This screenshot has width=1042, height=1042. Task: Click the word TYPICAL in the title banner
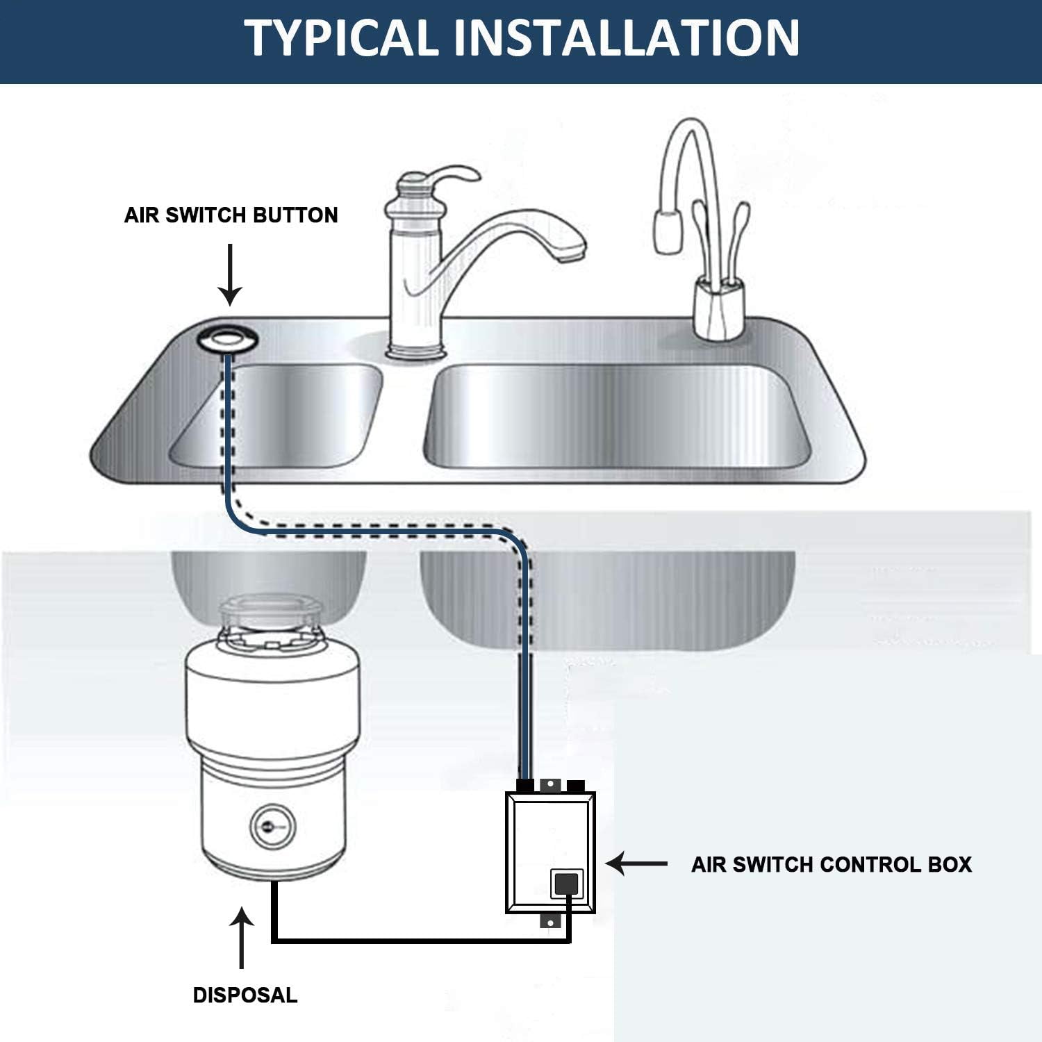pyautogui.click(x=340, y=38)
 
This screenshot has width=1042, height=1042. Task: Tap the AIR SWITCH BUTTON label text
pyautogui.click(x=231, y=215)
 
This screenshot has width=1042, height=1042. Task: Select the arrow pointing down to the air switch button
pyautogui.click(x=230, y=275)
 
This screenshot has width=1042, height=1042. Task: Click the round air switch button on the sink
pyautogui.click(x=227, y=339)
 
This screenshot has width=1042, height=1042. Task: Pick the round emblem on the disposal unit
pyautogui.click(x=272, y=827)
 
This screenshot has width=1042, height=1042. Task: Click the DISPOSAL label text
pyautogui.click(x=245, y=995)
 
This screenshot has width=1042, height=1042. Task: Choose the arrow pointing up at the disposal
pyautogui.click(x=241, y=938)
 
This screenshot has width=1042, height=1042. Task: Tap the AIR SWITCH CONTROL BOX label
pyautogui.click(x=832, y=864)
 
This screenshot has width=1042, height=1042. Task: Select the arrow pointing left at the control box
pyautogui.click(x=636, y=863)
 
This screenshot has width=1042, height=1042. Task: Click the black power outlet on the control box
pyautogui.click(x=566, y=884)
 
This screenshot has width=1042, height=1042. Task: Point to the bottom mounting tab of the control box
pyautogui.click(x=549, y=922)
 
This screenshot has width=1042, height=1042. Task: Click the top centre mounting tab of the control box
pyautogui.click(x=549, y=784)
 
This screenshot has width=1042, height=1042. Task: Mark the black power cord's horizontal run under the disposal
pyautogui.click(x=417, y=941)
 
